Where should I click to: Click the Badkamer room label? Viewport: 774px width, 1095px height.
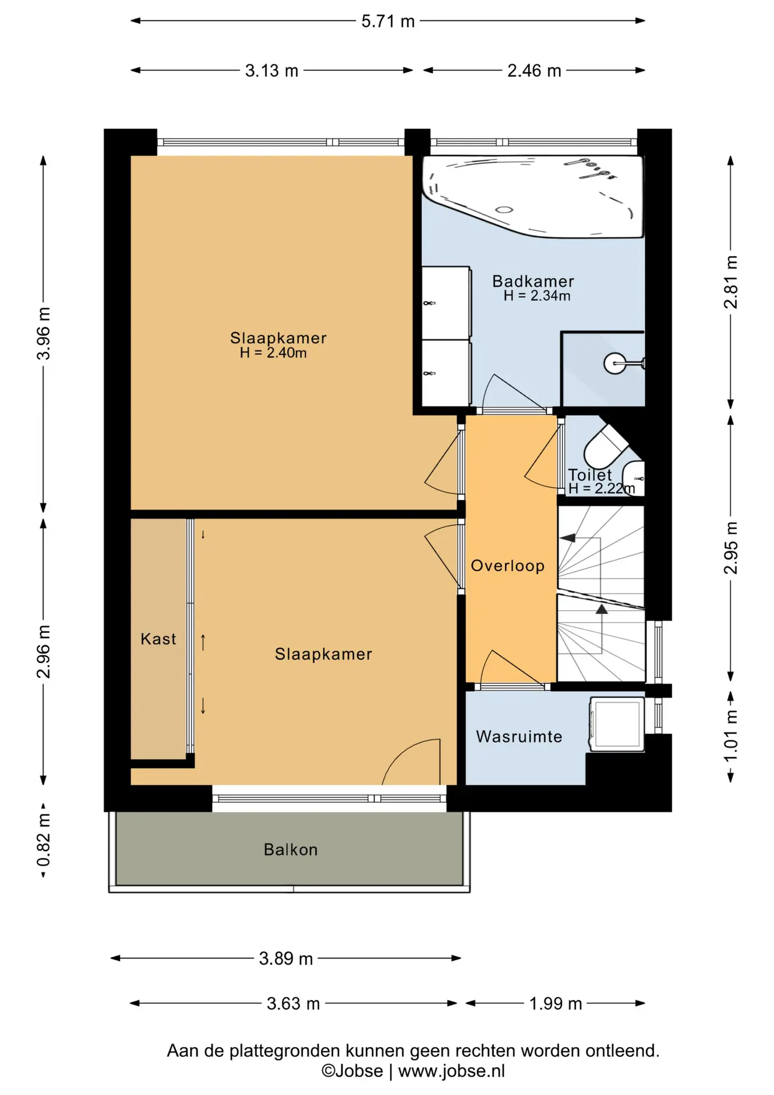(x=533, y=281)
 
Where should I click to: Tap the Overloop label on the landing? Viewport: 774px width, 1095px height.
(x=508, y=566)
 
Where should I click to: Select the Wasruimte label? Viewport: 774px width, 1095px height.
(x=519, y=736)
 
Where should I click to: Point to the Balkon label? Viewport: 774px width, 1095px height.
(x=291, y=850)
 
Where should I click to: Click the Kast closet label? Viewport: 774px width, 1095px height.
(x=158, y=639)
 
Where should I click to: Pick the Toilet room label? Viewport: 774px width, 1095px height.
(x=590, y=474)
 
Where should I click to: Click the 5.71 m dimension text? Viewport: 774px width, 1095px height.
(x=388, y=21)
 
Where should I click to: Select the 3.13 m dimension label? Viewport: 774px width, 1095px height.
(x=272, y=71)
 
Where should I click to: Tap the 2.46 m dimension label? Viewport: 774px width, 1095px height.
(x=535, y=71)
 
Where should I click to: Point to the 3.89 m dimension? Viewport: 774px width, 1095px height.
(x=286, y=959)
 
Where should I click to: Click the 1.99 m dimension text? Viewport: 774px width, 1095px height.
(x=556, y=1004)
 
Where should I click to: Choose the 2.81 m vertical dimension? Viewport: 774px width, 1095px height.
(x=731, y=282)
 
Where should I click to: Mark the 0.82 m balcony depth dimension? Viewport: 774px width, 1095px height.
(x=43, y=840)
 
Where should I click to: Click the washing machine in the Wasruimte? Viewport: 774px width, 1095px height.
(x=617, y=723)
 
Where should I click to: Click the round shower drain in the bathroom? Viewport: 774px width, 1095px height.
(x=614, y=363)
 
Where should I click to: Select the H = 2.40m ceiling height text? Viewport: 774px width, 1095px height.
(x=274, y=353)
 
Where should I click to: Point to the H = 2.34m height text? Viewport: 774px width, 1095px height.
(x=537, y=295)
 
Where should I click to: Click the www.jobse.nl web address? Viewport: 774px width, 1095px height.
(x=451, y=1071)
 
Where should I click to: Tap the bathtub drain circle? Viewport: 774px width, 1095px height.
(x=504, y=209)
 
